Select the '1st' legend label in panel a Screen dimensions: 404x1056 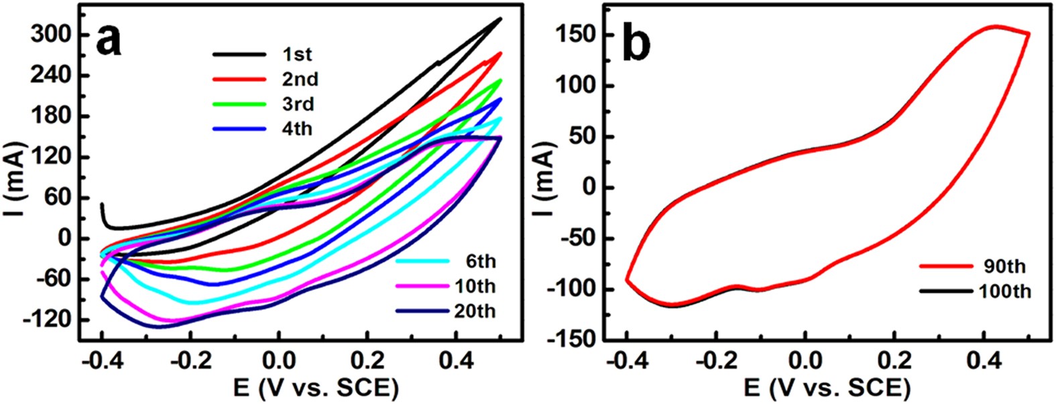[298, 55]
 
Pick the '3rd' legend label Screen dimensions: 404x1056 [298, 104]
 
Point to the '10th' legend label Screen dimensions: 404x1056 [473, 286]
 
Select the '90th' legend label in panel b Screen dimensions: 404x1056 [1005, 267]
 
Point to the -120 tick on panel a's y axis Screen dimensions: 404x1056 [48, 320]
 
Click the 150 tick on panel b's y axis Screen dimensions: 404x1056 [577, 35]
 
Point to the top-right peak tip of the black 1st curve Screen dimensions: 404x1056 [500, 19]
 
